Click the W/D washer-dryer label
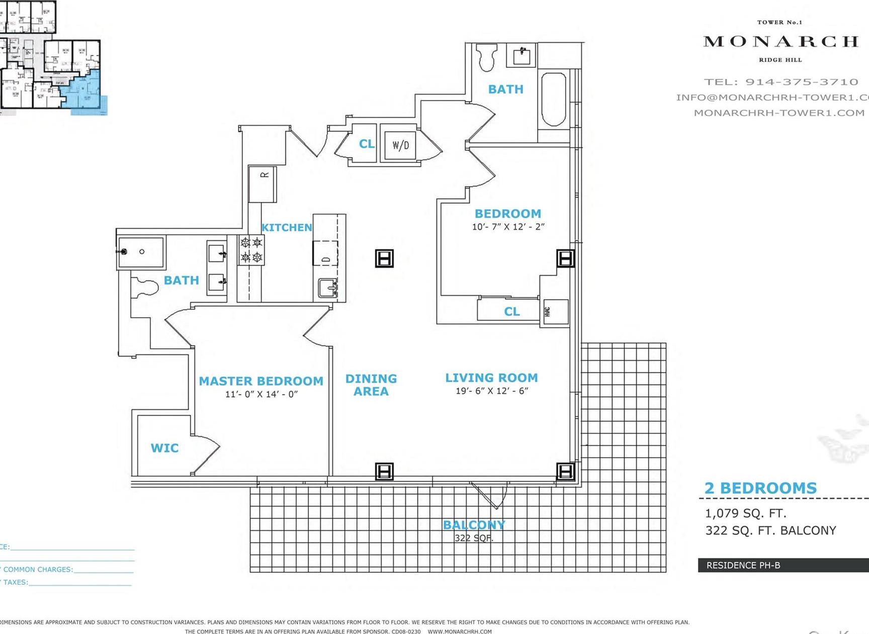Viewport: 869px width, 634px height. point(401,145)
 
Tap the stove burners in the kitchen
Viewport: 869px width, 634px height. point(251,250)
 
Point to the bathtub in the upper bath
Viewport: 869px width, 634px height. point(554,99)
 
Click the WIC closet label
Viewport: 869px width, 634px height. point(164,448)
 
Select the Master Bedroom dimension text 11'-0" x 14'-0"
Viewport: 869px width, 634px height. point(261,394)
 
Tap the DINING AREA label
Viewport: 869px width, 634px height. point(371,385)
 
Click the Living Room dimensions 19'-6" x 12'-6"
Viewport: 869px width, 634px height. point(492,391)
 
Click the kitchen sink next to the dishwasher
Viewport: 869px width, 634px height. point(328,289)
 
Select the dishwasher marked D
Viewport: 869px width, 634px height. point(325,254)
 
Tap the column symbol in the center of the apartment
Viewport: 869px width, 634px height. point(384,258)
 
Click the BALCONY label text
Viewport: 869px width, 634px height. point(474,525)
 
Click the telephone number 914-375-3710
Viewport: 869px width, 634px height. point(802,82)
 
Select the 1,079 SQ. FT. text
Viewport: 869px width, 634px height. point(745,513)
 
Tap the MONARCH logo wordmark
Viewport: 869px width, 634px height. point(780,41)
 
